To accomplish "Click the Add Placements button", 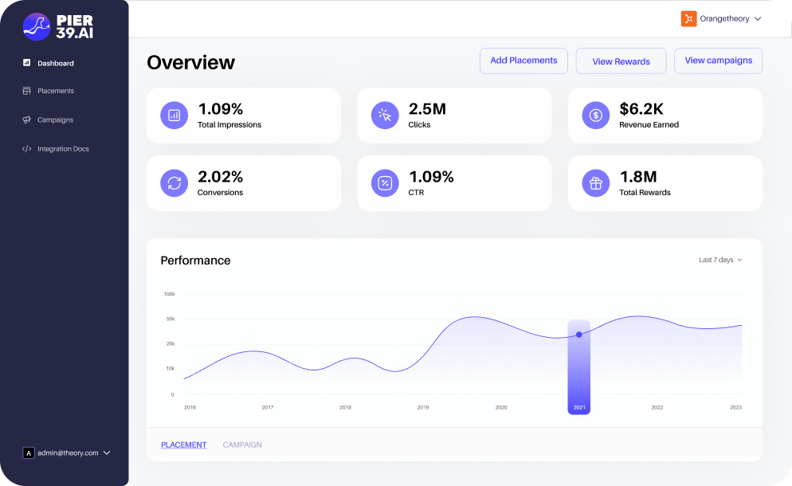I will click(523, 61).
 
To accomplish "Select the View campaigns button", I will click(718, 61).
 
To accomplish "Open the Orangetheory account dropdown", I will click(721, 18).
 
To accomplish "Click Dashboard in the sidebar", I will click(55, 63).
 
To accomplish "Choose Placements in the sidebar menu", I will click(55, 91).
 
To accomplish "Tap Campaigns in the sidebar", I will click(55, 120).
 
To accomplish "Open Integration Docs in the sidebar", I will click(62, 149).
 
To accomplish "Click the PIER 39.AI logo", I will click(58, 27).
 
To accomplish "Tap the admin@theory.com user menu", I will click(67, 453).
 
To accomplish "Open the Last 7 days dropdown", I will click(720, 260).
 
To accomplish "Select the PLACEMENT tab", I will click(183, 445).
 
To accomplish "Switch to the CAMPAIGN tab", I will click(242, 445).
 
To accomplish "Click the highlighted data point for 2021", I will click(578, 335).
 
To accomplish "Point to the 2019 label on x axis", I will click(423, 407).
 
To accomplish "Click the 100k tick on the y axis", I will click(169, 294).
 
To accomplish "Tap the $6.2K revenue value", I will click(641, 109).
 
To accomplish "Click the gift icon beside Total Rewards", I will click(595, 183).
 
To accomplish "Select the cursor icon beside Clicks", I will click(385, 116).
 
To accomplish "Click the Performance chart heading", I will click(195, 261).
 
